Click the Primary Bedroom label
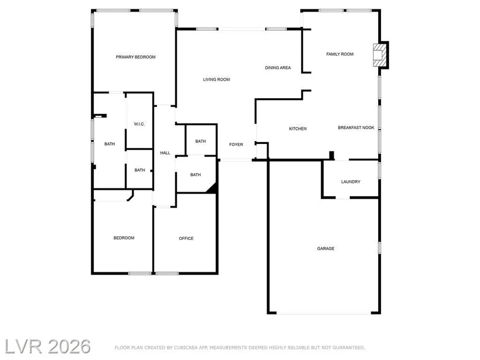(135, 57)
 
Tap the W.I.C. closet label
(139, 124)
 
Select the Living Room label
(216, 79)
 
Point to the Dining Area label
(278, 68)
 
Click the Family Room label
(340, 54)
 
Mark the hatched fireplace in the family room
(380, 55)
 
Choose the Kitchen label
(298, 129)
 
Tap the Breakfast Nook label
(356, 127)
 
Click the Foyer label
(236, 144)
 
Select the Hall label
(165, 153)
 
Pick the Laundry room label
(351, 181)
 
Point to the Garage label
(326, 248)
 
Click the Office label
(186, 238)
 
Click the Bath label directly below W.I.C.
(140, 170)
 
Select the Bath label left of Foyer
(201, 141)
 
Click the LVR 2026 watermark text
(48, 347)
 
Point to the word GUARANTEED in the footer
(348, 348)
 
